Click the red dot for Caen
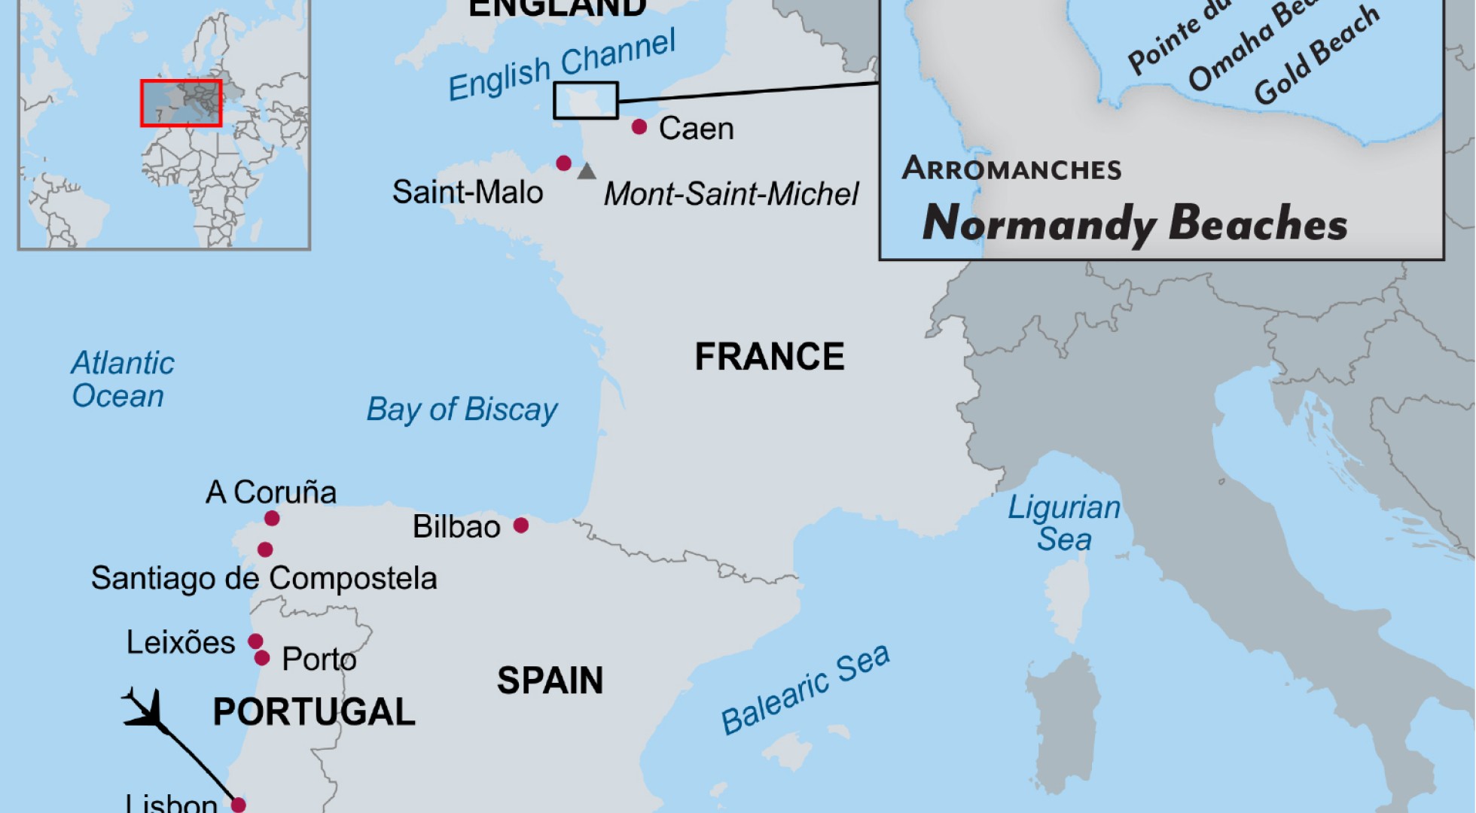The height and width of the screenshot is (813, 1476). click(639, 126)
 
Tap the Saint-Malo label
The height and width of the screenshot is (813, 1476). click(468, 193)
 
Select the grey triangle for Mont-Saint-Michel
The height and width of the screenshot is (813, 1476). click(587, 172)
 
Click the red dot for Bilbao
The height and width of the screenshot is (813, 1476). click(520, 525)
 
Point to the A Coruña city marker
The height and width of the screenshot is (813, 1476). click(272, 518)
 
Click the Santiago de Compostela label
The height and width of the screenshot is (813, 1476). click(264, 578)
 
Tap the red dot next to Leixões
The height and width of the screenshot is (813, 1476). click(255, 641)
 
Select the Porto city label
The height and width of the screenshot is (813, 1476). click(319, 659)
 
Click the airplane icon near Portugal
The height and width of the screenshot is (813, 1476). click(145, 709)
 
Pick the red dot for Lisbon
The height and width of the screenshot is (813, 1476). click(238, 805)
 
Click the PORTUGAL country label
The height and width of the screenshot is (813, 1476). click(314, 712)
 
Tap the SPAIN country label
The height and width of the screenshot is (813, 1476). click(550, 681)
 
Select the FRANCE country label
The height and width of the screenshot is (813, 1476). click(769, 357)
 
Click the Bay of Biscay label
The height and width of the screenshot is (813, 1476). click(462, 410)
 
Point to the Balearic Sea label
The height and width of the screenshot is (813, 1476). click(805, 690)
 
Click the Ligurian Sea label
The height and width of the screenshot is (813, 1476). click(1064, 523)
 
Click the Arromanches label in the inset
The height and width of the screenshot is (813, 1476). click(1011, 169)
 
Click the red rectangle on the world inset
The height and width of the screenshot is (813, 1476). click(181, 102)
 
